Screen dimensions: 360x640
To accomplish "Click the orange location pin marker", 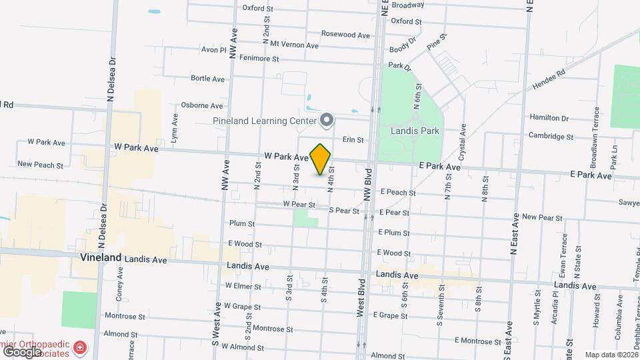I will [x=321, y=159].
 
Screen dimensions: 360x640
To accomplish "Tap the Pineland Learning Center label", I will [x=265, y=121].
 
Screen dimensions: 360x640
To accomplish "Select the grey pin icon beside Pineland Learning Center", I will [x=327, y=120].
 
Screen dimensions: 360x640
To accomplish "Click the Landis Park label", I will [x=416, y=131].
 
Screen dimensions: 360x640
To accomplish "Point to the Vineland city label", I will [x=101, y=257].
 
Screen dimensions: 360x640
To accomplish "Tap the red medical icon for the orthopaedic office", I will [x=80, y=347].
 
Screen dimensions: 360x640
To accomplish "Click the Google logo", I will [x=22, y=351].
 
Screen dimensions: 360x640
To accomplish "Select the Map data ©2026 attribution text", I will [x=611, y=355].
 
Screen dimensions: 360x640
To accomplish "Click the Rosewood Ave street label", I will [x=345, y=35].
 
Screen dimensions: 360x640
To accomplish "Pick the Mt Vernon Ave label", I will [x=294, y=45].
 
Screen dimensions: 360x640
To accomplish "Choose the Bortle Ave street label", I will [x=207, y=78].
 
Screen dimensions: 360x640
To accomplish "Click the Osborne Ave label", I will [x=202, y=105].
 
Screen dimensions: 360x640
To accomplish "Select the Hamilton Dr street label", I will [x=549, y=117].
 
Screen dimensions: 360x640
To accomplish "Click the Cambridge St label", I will [x=551, y=136].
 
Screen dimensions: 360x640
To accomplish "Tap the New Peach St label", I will [x=40, y=164].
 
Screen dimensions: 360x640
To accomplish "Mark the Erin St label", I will [x=352, y=140].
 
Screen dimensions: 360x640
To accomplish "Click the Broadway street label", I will [x=408, y=5].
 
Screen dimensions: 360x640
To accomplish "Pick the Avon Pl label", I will [x=214, y=49].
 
